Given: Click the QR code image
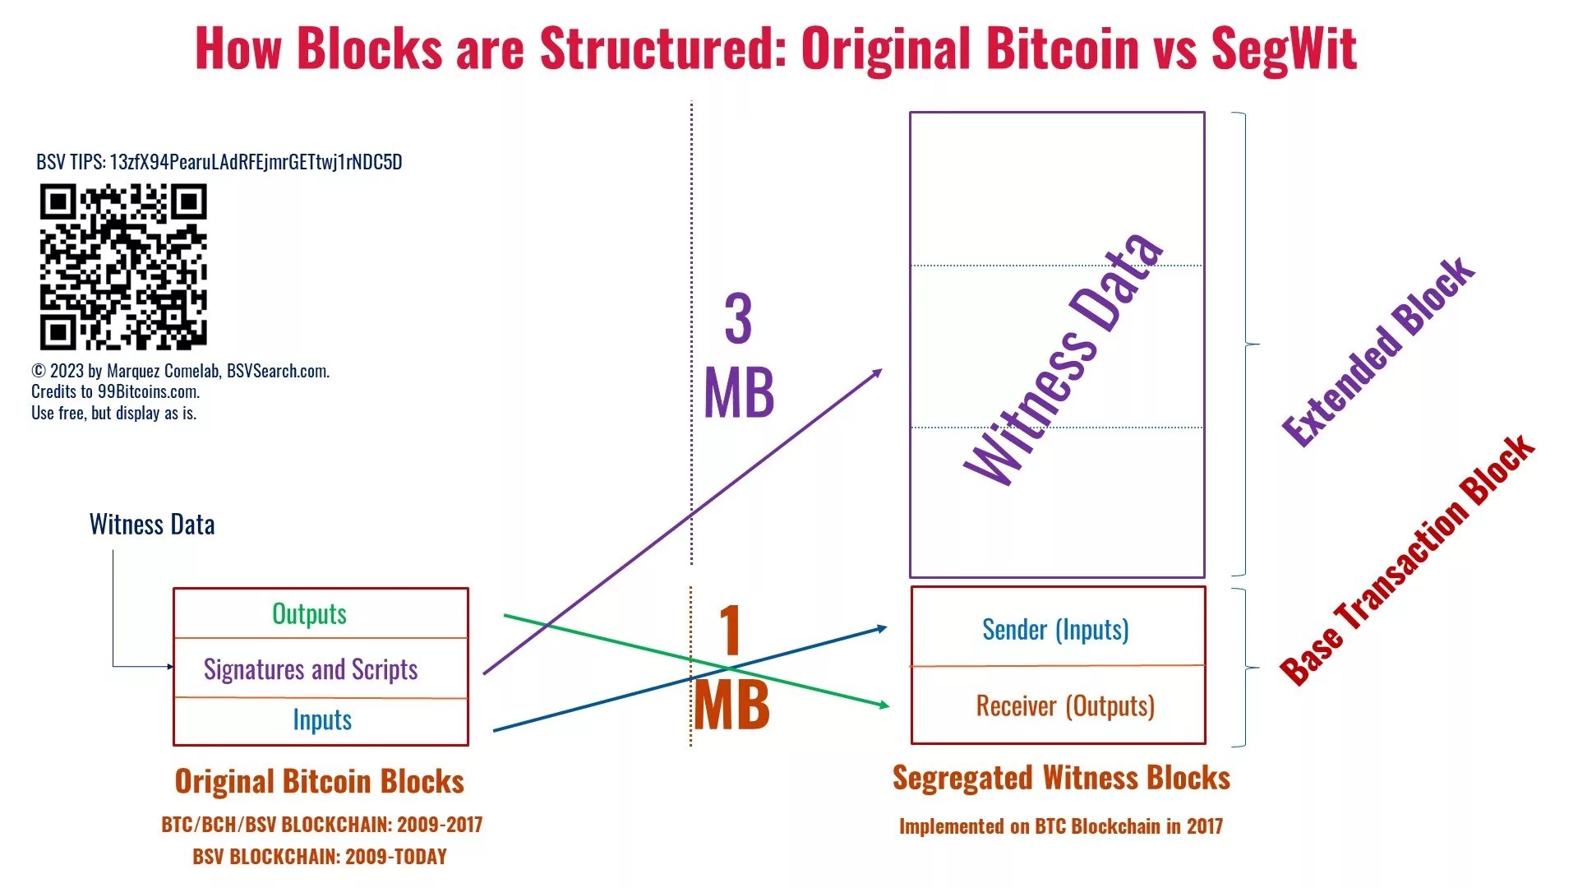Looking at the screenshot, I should coord(123,266).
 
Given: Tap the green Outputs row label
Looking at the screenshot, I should coord(309,614).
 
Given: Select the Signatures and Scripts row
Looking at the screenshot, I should coord(311,669).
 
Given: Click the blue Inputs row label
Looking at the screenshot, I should coord(322,720).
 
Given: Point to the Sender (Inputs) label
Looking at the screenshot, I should coord(1055,630).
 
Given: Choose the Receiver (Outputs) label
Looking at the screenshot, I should coord(1065,706).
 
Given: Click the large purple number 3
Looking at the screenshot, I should coord(738,319).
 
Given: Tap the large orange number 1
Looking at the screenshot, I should coord(730,631).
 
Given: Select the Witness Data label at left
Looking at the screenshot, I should coord(152,525).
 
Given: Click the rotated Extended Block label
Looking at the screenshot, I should coord(1379,352).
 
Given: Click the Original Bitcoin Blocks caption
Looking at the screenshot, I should coord(319,781).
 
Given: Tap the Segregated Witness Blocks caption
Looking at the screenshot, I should coord(1061,778).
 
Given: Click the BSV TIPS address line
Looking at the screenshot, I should coord(219,162).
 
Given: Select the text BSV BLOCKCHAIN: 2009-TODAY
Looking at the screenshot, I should coord(320,857).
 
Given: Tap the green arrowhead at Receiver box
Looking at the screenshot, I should coord(884,705).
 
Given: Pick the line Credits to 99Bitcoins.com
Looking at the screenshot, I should coord(116,392).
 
